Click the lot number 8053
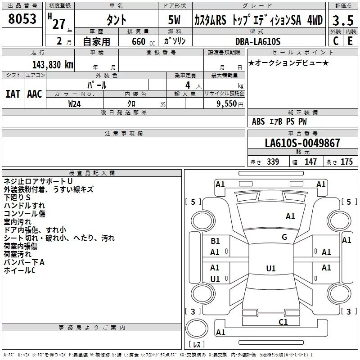click(22, 19)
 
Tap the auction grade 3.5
click(343, 20)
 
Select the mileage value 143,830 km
click(53, 65)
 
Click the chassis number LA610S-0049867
click(302, 143)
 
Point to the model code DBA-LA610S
click(258, 41)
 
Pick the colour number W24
click(74, 104)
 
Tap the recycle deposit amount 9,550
click(227, 104)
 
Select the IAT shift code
click(13, 94)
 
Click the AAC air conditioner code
click(35, 94)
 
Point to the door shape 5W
click(174, 20)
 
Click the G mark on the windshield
click(284, 237)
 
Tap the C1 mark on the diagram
click(283, 322)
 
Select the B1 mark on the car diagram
click(215, 241)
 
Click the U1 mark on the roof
click(271, 268)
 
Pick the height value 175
click(346, 162)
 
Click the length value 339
click(273, 162)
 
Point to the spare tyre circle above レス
click(197, 328)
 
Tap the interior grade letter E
click(350, 41)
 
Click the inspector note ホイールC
click(19, 270)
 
